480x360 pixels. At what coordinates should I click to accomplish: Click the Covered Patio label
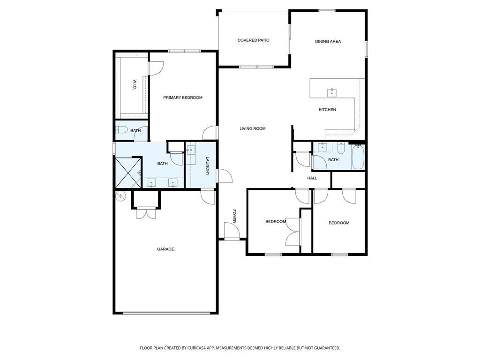coord(254,40)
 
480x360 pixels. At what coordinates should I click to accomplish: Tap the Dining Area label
coord(328,41)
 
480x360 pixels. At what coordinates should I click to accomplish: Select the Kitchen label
coord(327,110)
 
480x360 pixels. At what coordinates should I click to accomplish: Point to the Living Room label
coord(253,128)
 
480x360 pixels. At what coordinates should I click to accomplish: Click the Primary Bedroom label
coord(183,97)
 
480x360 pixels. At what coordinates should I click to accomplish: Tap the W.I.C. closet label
coord(135,85)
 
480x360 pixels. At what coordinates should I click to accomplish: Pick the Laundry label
coord(208,166)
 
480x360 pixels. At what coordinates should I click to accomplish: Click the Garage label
coord(165,249)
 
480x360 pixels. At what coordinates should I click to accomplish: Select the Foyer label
coord(234,216)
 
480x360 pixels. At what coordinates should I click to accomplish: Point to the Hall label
coord(312,178)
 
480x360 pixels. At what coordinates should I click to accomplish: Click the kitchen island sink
coord(331,92)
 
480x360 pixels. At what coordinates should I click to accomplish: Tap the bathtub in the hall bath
coord(358,157)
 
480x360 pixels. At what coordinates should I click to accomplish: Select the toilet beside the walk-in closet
coord(121,130)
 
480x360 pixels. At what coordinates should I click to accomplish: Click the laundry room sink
coord(191,150)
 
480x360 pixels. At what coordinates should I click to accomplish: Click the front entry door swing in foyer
coord(231,230)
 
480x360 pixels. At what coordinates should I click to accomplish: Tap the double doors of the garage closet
coord(146,213)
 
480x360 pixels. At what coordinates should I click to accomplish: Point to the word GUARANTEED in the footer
coord(327,348)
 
